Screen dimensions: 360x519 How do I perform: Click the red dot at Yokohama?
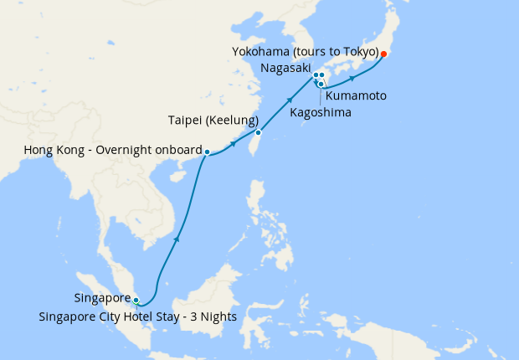[x=383, y=55]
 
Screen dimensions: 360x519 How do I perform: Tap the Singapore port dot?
[x=136, y=299]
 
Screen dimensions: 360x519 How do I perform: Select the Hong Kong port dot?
[x=207, y=152]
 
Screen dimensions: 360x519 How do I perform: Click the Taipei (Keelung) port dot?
[x=259, y=132]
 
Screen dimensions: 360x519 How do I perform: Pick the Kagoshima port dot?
[x=321, y=84]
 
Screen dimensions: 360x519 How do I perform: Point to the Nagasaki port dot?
[x=315, y=75]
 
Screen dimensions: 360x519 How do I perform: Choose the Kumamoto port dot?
[x=322, y=75]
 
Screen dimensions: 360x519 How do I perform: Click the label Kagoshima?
[x=321, y=111]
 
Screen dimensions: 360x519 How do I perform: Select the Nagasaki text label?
[x=285, y=68]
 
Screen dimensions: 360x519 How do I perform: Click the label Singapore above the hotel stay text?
[x=102, y=298]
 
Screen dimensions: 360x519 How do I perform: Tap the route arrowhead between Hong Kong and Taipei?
[x=233, y=144]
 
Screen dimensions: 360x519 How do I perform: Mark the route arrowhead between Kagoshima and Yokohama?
[x=352, y=78]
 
